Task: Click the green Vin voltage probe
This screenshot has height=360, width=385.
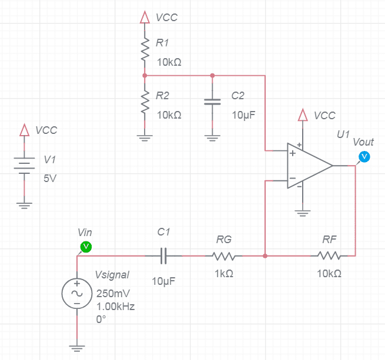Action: pyautogui.click(x=86, y=247)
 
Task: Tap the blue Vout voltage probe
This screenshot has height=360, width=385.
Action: pyautogui.click(x=364, y=157)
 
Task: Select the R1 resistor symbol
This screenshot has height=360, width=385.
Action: pyautogui.click(x=145, y=49)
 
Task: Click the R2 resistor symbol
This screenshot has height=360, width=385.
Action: pyautogui.click(x=145, y=102)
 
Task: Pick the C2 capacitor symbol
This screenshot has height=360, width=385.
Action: pyautogui.click(x=212, y=102)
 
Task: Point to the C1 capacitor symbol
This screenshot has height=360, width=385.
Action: pyautogui.click(x=163, y=255)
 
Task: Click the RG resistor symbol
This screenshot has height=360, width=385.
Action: pyautogui.click(x=224, y=256)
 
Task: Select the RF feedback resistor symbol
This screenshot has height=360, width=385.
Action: pyautogui.click(x=329, y=256)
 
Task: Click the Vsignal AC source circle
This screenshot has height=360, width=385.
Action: pyautogui.click(x=77, y=294)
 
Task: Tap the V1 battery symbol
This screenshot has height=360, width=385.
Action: pyautogui.click(x=24, y=166)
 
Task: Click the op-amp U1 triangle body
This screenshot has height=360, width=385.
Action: pyautogui.click(x=310, y=166)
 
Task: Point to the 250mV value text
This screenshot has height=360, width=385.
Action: pyautogui.click(x=113, y=294)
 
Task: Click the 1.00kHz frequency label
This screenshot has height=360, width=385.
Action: pyautogui.click(x=115, y=306)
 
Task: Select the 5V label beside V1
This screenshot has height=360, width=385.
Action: pyautogui.click(x=50, y=179)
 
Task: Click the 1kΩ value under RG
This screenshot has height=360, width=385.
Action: pyautogui.click(x=224, y=273)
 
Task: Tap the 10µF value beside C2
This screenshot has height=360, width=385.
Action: pyautogui.click(x=243, y=115)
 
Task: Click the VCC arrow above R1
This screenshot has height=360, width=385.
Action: pyautogui.click(x=145, y=17)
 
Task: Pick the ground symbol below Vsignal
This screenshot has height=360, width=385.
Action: pyautogui.click(x=77, y=348)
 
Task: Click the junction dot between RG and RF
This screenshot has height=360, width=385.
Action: pyautogui.click(x=265, y=256)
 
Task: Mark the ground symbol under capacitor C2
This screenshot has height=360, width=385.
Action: pyautogui.click(x=212, y=138)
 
